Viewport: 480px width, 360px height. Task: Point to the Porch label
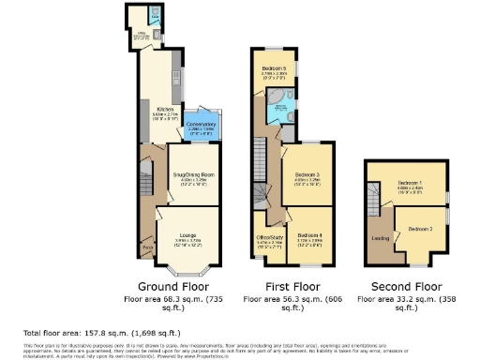pyautogui.click(x=147, y=247)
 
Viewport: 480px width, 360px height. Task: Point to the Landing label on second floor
pyautogui.click(x=380, y=238)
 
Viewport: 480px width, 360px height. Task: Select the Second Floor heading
pyautogui.click(x=401, y=285)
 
